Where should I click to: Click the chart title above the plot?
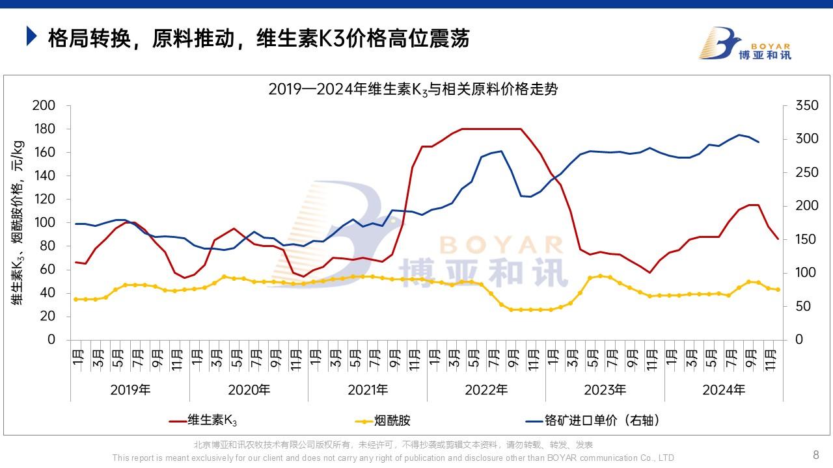click(413, 90)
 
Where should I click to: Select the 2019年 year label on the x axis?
click(130, 390)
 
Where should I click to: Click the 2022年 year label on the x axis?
click(486, 390)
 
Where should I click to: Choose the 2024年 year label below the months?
click(724, 390)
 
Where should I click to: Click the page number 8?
click(816, 454)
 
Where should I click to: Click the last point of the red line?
click(778, 239)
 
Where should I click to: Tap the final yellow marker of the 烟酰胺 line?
click(778, 290)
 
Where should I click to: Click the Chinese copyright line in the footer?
click(394, 445)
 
